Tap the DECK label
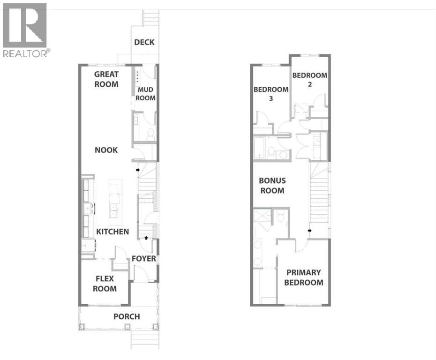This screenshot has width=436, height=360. pyautogui.click(x=144, y=43)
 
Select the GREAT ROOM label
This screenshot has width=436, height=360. pyautogui.click(x=106, y=79)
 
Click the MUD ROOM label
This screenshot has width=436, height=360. pyautogui.click(x=145, y=94)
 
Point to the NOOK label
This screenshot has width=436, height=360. pyautogui.click(x=106, y=150)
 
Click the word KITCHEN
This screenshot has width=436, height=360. pyautogui.click(x=113, y=232)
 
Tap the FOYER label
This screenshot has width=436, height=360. pyautogui.click(x=143, y=259)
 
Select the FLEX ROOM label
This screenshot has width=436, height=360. pyautogui.click(x=105, y=284)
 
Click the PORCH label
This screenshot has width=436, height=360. pyautogui.click(x=127, y=316)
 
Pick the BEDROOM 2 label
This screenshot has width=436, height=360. pyautogui.click(x=310, y=80)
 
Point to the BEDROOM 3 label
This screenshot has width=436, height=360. pyautogui.click(x=271, y=94)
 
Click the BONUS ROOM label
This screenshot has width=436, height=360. pyautogui.click(x=272, y=186)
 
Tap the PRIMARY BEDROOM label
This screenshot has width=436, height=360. pyautogui.click(x=304, y=277)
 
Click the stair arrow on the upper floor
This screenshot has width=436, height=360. pyautogui.click(x=309, y=230)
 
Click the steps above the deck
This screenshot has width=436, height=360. pyautogui.click(x=151, y=19)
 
